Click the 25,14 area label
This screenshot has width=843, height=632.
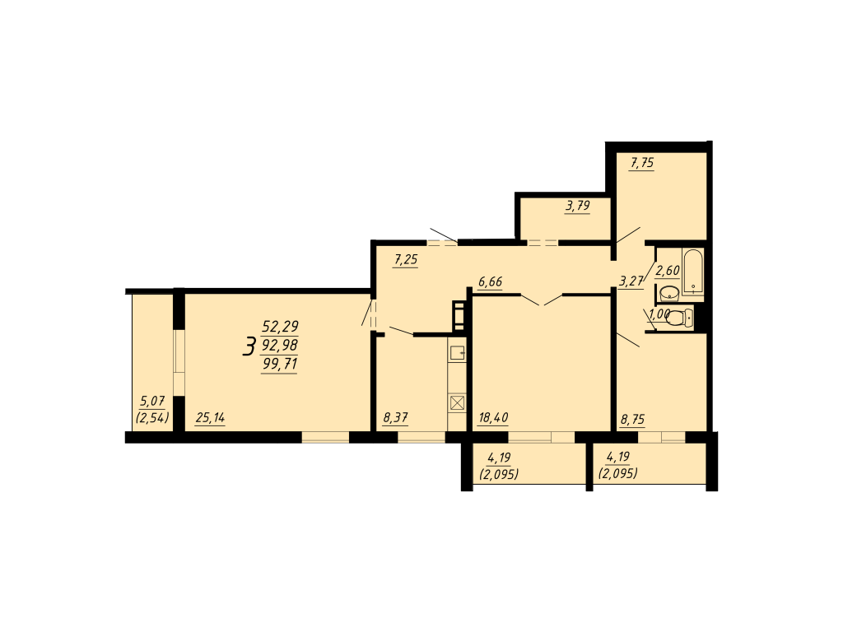click(210, 417)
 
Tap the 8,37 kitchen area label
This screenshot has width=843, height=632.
click(396, 417)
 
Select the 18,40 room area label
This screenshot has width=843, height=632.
click(493, 417)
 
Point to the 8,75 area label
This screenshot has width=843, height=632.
click(633, 419)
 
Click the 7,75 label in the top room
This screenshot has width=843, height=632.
click(642, 162)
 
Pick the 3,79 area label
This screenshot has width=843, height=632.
click(578, 206)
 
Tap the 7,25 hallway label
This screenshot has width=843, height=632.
click(406, 260)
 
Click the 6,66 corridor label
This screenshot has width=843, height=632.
click(491, 281)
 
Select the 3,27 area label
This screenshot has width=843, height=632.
click(631, 281)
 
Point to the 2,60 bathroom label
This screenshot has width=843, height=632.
click(668, 270)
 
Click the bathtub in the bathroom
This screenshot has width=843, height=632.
click(693, 272)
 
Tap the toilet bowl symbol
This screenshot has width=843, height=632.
click(679, 318)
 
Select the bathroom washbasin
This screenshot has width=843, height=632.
click(668, 294)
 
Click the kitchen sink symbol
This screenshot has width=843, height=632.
click(458, 352)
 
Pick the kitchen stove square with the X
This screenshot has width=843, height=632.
click(458, 403)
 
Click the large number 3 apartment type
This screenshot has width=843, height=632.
click(249, 346)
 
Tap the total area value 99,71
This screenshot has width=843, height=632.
click(280, 364)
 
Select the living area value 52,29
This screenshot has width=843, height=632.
click(280, 326)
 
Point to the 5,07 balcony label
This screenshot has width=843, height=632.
click(152, 401)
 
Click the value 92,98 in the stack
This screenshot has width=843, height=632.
click(280, 345)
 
